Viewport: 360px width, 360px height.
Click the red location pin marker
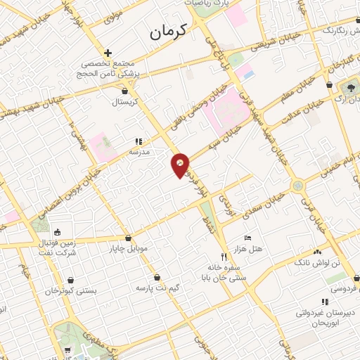pos(181,165)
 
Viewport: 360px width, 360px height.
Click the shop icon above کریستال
pos(124,91)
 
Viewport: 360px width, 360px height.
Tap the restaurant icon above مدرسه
pos(138,141)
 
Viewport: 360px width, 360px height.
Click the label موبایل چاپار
pos(127,248)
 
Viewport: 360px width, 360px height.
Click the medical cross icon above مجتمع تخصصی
pos(107,53)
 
